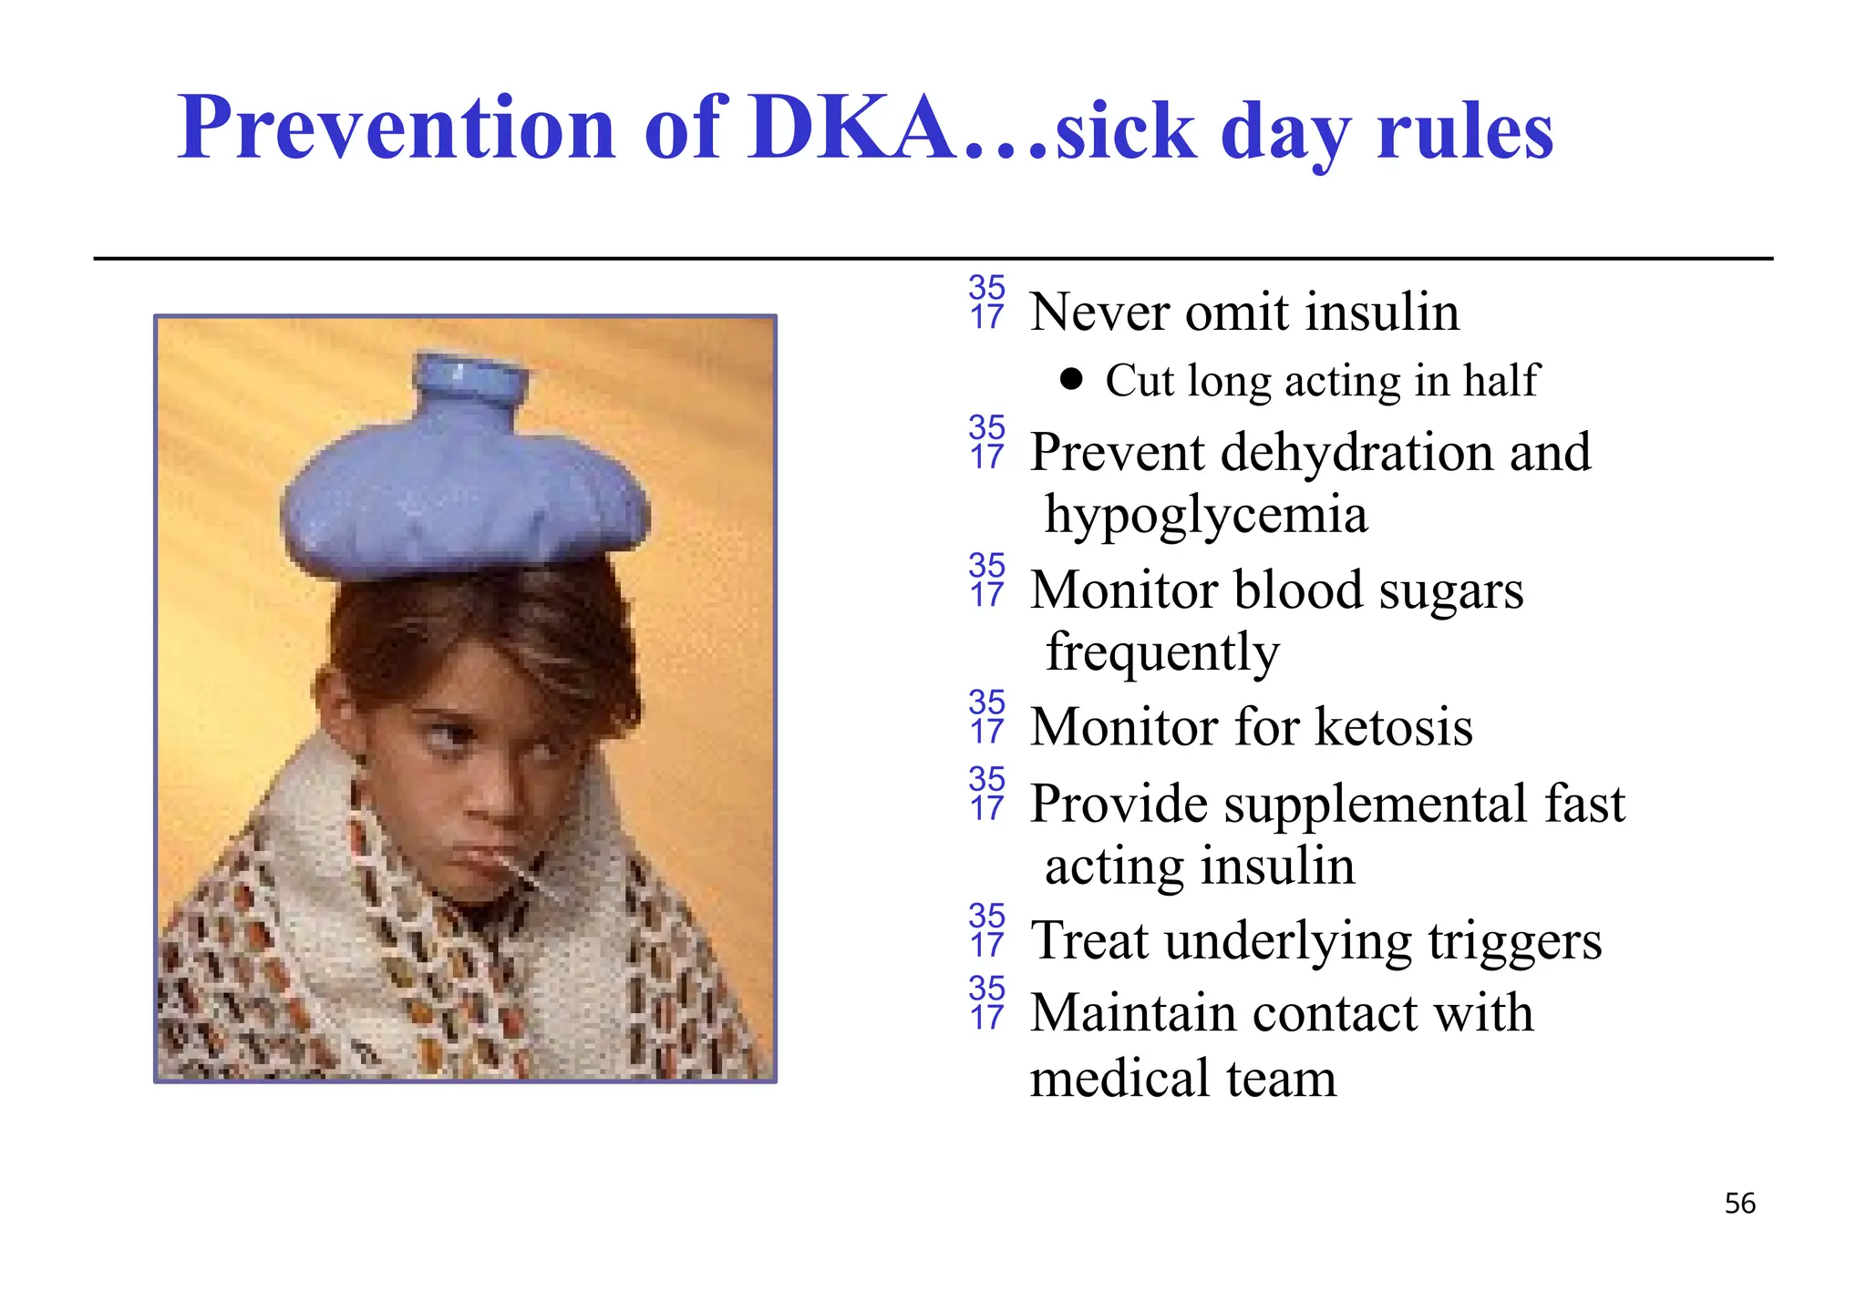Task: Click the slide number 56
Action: [1739, 1204]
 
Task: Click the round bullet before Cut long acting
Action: [1072, 379]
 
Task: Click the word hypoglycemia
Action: [1205, 516]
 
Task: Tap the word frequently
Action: [1162, 652]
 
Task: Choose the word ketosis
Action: [1394, 727]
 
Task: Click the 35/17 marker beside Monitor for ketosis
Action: [986, 716]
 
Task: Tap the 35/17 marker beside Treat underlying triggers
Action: [986, 930]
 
